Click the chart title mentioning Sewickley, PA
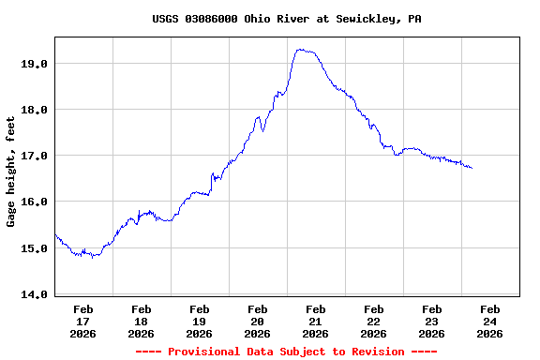tap(287, 18)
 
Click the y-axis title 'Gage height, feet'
tap(11, 172)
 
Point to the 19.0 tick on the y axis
tap(35, 64)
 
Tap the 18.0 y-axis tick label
tap(35, 110)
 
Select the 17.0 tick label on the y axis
tap(35, 156)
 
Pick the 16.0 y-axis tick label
tap(35, 202)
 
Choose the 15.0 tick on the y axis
tap(35, 248)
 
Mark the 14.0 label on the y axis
tap(35, 294)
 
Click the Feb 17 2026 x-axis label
tap(83, 321)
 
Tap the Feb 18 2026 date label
tap(142, 321)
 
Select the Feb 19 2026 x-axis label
tap(200, 321)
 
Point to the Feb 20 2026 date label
tap(258, 321)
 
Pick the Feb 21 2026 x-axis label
tap(316, 321)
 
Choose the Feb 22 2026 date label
tap(374, 321)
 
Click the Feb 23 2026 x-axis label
tap(432, 321)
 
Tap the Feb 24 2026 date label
tap(490, 321)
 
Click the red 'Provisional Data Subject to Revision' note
tap(287, 352)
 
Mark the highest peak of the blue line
tap(300, 50)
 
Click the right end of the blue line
tap(472, 168)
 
